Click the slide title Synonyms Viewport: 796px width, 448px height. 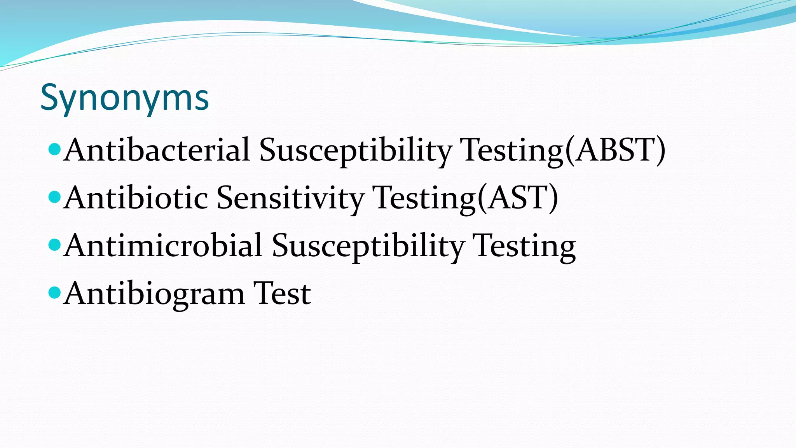(x=124, y=98)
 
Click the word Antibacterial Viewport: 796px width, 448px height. (x=157, y=150)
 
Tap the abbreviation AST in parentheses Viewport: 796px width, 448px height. (x=518, y=198)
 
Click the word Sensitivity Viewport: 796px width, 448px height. (x=290, y=198)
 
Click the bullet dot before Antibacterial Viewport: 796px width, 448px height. (x=55, y=149)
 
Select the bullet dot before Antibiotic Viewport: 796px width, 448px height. (x=55, y=197)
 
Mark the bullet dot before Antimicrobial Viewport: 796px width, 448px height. (x=55, y=245)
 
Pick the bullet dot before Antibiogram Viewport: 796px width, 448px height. (x=55, y=292)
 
